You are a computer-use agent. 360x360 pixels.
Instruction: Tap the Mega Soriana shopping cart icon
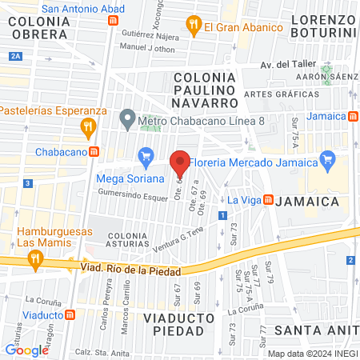point(146,156)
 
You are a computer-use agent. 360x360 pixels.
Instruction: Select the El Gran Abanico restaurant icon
point(193,26)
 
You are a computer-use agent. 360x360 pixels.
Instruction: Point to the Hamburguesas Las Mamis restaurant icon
point(34,258)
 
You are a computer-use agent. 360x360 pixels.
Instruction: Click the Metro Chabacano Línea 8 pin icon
point(126,121)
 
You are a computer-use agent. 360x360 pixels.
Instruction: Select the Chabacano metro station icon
point(94,151)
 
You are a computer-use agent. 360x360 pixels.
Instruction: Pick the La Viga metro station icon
point(269,199)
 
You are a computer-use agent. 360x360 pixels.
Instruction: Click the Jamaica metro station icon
point(353,116)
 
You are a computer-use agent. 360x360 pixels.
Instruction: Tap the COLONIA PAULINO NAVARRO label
point(205,89)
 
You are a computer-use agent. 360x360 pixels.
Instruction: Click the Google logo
point(26,350)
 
